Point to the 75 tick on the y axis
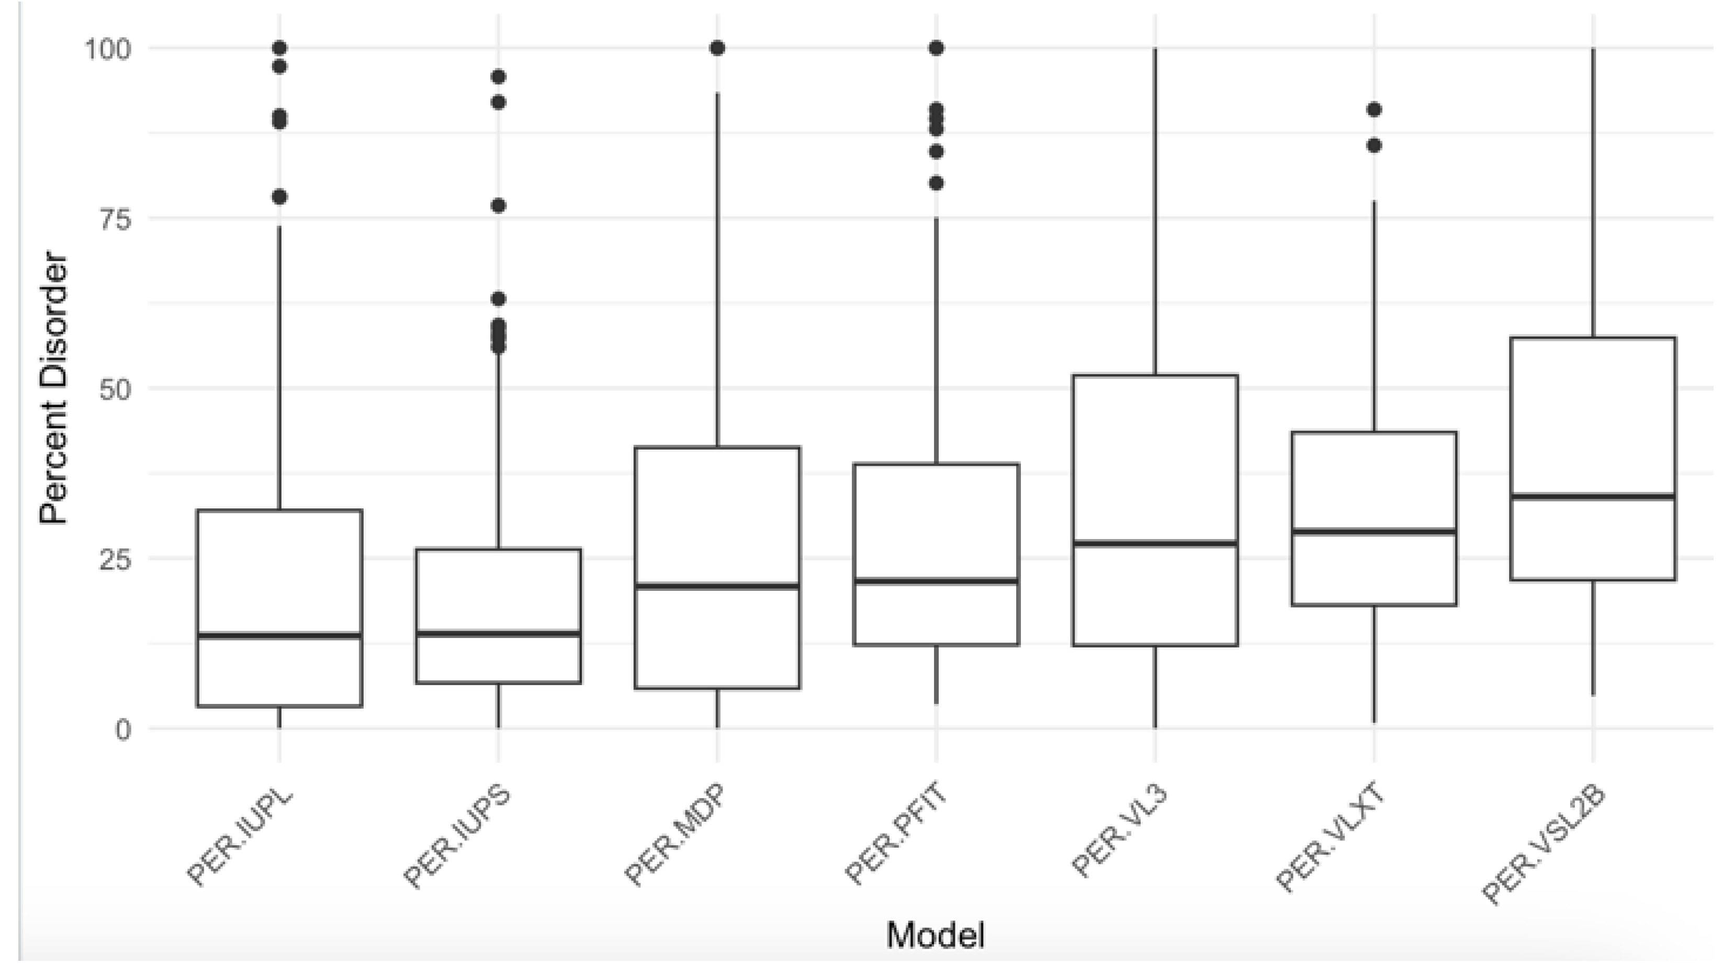coord(116,219)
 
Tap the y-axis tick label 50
coord(116,390)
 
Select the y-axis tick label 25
coord(116,559)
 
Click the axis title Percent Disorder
coord(54,388)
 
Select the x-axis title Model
coord(936,935)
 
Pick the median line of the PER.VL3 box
coord(1155,543)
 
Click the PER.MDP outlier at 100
coord(717,48)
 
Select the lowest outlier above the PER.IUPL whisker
coord(279,197)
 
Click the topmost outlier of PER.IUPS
coord(498,77)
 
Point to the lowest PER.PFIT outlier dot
coord(937,183)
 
